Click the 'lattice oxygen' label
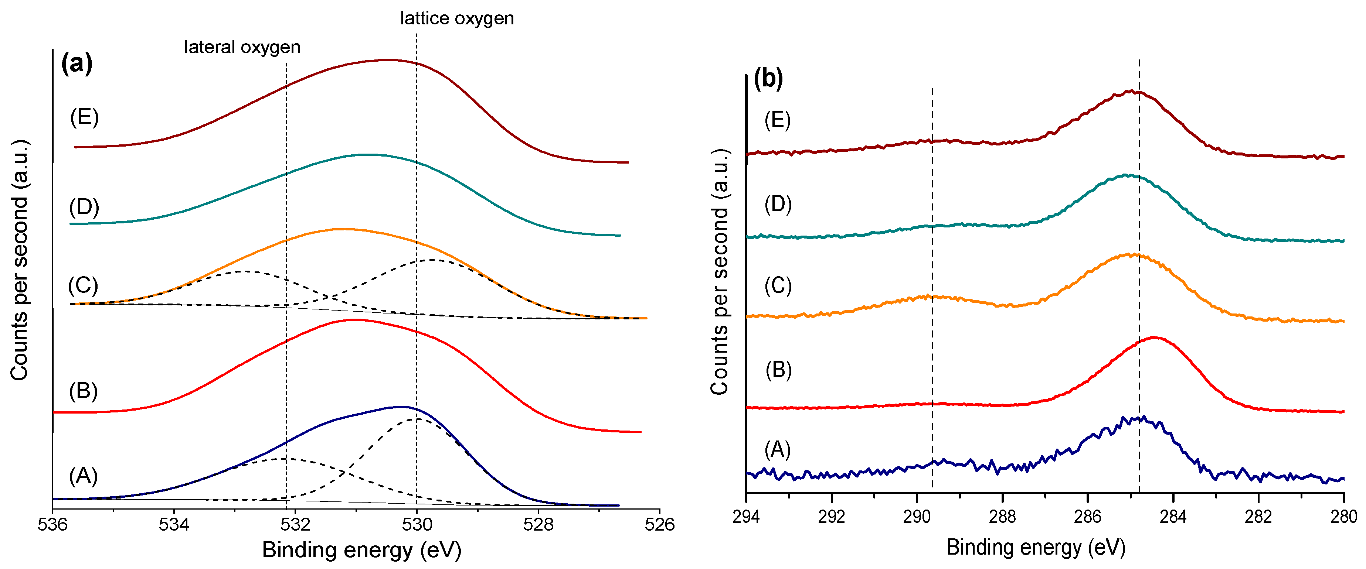coord(456,18)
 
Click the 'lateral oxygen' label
coord(242,47)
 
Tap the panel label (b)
coord(768,79)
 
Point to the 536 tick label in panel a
coord(52,524)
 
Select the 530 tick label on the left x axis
coord(417,524)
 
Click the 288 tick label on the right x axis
coord(1002,517)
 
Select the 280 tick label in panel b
coord(1343,517)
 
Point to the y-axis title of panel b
coord(720,271)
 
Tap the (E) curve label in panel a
coord(84,117)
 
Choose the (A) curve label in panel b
coord(777,449)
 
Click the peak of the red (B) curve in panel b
coord(1153,337)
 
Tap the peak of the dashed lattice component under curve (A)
coord(418,419)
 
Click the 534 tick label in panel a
coord(174,524)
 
